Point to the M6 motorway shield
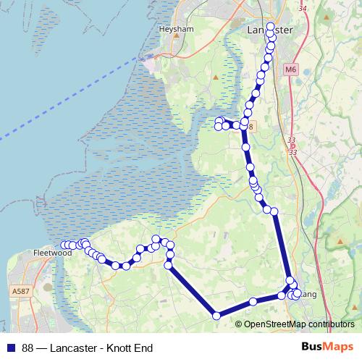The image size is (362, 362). coord(290,70)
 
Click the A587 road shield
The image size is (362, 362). coord(20,290)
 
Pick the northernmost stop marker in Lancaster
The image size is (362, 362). coord(271,27)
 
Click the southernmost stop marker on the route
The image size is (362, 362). coord(216,315)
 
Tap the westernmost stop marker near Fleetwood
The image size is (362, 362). coord(64,245)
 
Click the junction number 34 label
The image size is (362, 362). coord(302,9)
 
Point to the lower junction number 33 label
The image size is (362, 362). coord(292,152)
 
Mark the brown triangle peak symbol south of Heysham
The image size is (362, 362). coord(216,75)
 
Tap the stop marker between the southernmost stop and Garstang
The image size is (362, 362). coord(253,301)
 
